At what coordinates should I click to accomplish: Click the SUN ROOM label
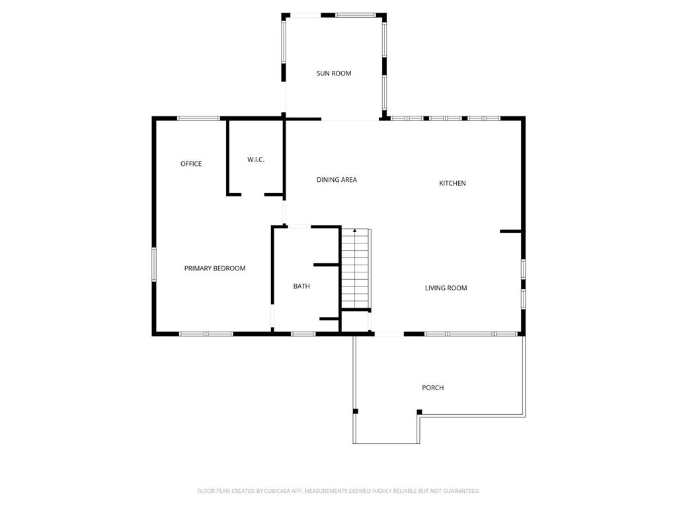tap(334, 73)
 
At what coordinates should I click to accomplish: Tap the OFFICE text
tap(191, 164)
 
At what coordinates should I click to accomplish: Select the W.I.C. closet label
tap(256, 159)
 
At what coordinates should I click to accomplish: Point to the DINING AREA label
tap(337, 180)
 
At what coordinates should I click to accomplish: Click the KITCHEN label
tap(452, 183)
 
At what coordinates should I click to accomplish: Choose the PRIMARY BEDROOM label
tap(215, 269)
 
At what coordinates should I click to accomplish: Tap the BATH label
tap(301, 286)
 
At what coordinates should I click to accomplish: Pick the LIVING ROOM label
tap(446, 288)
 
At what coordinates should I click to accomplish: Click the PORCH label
tap(432, 388)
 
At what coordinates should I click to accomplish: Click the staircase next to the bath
tap(356, 269)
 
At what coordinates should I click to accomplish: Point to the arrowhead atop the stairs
tap(355, 231)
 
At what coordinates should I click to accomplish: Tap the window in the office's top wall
tap(198, 118)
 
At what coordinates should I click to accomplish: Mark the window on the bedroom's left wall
tap(153, 265)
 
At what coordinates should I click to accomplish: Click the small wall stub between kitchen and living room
tap(511, 232)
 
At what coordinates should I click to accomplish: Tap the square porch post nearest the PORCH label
tap(419, 411)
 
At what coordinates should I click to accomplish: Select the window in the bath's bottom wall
tap(303, 334)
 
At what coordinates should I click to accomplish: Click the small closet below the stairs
tap(355, 321)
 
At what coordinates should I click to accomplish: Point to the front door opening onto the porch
tap(389, 334)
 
